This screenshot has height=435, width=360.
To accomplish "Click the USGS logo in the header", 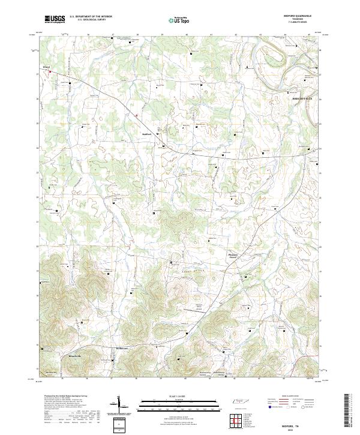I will click(x=55, y=19).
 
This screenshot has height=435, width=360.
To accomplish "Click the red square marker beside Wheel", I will click(x=50, y=73).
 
